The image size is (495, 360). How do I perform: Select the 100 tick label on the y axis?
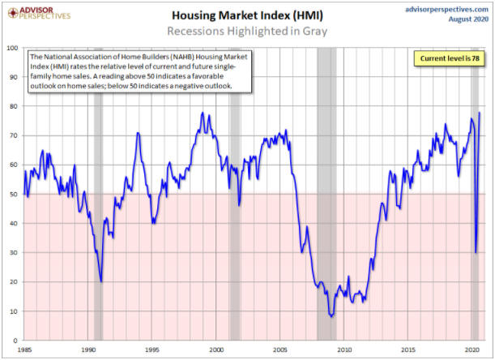(x=13, y=48)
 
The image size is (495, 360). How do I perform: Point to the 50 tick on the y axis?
(x=15, y=195)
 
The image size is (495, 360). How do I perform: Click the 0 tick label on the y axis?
(x=17, y=341)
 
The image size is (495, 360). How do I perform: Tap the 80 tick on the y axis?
(x=15, y=106)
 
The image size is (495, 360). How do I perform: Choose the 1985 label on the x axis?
(x=23, y=350)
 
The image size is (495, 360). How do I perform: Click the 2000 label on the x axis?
(x=216, y=350)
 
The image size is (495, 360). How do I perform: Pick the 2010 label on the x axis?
(x=345, y=350)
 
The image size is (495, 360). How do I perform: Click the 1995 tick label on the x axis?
(x=152, y=350)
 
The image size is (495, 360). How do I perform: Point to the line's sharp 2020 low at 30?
(x=476, y=252)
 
